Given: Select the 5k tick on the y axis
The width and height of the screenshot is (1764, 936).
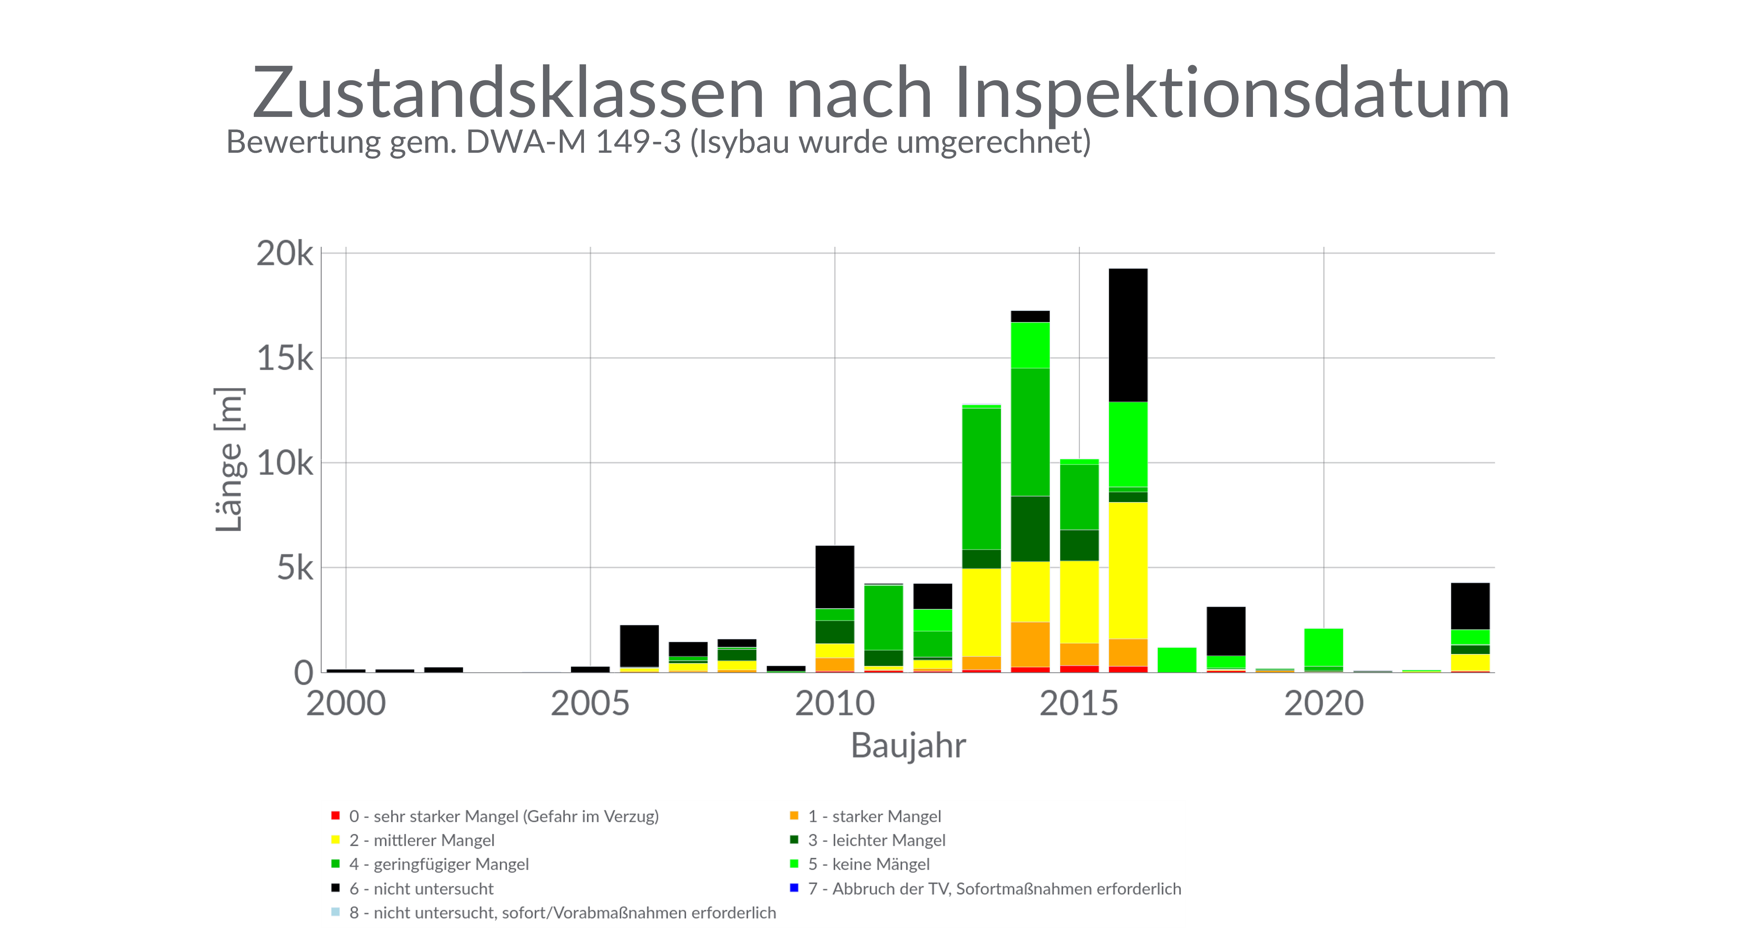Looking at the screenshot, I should [x=294, y=568].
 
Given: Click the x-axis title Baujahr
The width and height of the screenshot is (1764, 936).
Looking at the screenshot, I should [x=908, y=746].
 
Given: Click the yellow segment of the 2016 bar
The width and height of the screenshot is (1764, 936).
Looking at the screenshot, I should [x=1128, y=570].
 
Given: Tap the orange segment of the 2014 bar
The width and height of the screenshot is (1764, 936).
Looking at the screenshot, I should [x=1030, y=644].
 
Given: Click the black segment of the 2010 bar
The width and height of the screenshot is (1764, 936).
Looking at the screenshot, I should [x=835, y=577].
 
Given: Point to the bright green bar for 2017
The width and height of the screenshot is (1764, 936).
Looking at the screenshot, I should [x=1177, y=659].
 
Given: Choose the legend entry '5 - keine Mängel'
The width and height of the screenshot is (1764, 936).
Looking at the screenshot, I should [x=868, y=864].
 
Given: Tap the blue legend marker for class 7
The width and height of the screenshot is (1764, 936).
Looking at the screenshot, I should [x=794, y=888].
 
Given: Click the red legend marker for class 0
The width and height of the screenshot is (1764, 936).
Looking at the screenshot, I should [x=336, y=816].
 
